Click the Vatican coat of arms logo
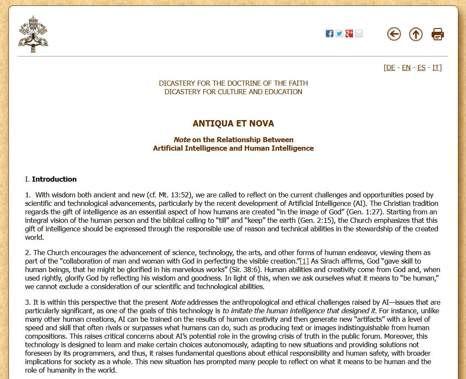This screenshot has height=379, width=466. (x=33, y=34)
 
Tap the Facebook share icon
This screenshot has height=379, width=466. (x=330, y=34)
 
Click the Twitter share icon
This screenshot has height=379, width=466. (x=339, y=34)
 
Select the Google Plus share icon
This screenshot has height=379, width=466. (x=349, y=34)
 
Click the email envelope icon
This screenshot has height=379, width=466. (x=359, y=34)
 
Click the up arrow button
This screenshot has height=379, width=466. (x=416, y=34)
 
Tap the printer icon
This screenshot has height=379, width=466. (x=438, y=34)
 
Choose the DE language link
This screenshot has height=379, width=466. (x=390, y=68)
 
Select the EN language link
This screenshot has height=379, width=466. (x=406, y=68)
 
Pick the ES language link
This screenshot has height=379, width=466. (x=421, y=68)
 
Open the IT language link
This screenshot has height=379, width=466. (x=436, y=68)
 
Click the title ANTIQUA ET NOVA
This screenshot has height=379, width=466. (x=233, y=124)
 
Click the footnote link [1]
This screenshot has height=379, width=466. (x=304, y=261)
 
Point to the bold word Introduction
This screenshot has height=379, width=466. (x=54, y=179)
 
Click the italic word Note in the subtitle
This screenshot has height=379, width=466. (x=182, y=140)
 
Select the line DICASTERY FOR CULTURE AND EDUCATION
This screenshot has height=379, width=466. (x=233, y=92)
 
